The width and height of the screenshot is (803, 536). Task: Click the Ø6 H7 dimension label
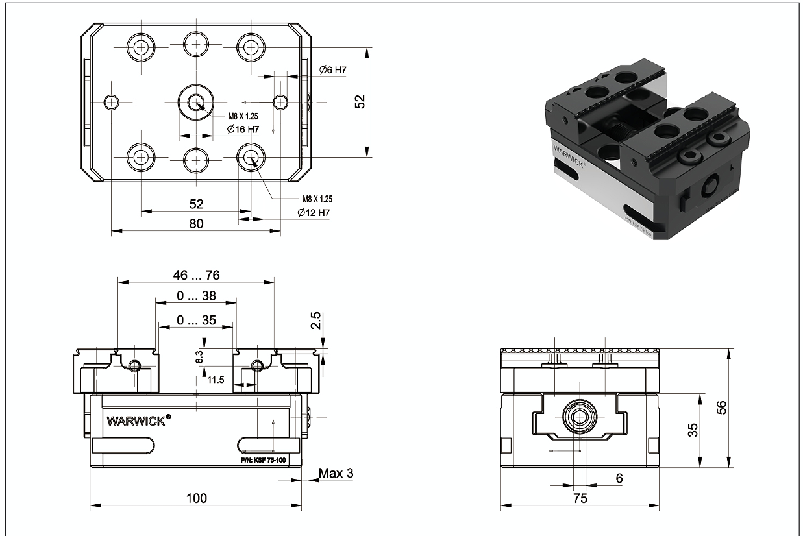[x=333, y=69]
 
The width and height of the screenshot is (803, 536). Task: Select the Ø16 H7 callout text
[x=243, y=130]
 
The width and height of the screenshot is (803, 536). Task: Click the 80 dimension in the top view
[x=196, y=224]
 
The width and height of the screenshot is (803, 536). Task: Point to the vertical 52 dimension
[x=361, y=102]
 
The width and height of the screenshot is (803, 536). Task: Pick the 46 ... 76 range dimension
[x=196, y=275]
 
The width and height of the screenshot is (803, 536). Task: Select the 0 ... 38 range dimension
[x=196, y=297]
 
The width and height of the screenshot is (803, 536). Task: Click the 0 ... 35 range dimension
[x=196, y=320]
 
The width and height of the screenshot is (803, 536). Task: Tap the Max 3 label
[x=336, y=473]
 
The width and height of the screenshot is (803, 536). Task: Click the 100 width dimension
[x=196, y=498]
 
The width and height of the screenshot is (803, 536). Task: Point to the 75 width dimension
[x=580, y=498]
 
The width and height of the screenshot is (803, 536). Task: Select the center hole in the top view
[x=195, y=102]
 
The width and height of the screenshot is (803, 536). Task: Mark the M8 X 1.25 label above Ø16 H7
[x=243, y=116]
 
